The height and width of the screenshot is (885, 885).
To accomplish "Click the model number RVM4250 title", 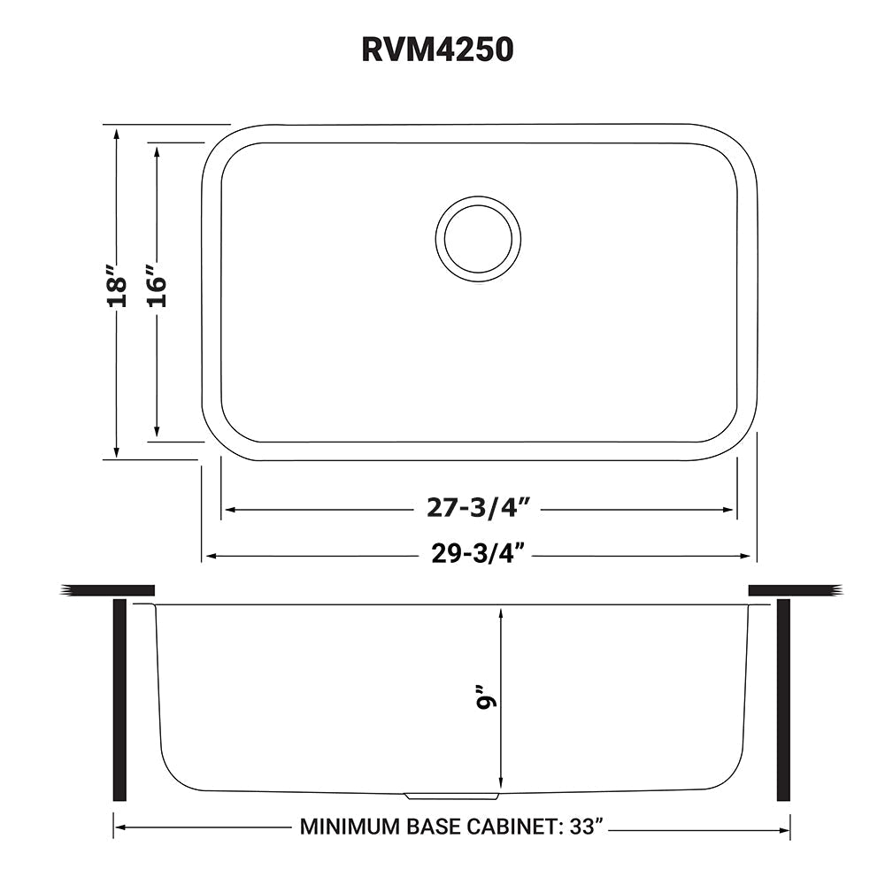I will click(x=437, y=50).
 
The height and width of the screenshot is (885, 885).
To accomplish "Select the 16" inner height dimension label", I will click(x=157, y=286).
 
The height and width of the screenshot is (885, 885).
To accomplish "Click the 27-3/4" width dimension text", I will click(x=478, y=508).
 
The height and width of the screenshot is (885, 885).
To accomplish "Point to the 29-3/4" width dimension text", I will click(x=478, y=554).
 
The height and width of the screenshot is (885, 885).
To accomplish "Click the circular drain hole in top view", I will click(x=478, y=239).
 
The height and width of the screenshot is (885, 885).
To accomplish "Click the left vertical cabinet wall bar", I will click(x=120, y=699).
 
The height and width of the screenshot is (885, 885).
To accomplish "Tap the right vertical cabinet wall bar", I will click(x=783, y=699).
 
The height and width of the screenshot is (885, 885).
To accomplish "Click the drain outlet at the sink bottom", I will click(x=451, y=796).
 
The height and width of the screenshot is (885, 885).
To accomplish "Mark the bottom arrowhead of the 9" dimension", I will click(x=501, y=782).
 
